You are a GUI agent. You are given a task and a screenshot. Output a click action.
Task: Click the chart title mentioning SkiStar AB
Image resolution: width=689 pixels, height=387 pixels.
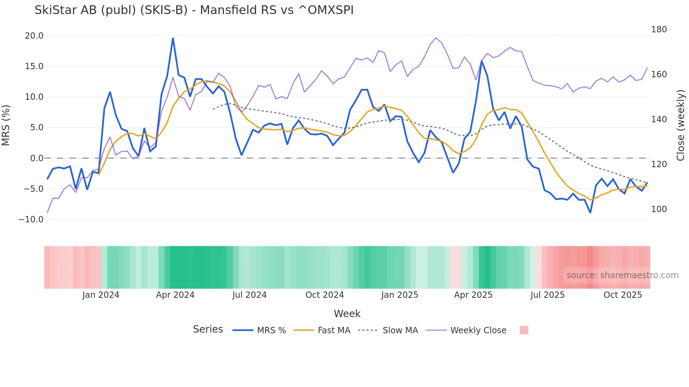194,10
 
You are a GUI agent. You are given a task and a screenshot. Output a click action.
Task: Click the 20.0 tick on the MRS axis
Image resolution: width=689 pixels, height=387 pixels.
34,36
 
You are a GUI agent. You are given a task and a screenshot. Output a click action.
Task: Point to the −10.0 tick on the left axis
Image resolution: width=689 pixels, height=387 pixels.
31,219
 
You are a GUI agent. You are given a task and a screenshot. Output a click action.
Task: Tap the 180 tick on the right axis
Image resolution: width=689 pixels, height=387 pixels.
659,29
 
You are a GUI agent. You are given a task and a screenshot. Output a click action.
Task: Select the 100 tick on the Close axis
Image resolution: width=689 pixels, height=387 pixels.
659,209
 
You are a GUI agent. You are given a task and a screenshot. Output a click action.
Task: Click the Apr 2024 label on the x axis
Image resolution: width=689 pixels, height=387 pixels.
175,295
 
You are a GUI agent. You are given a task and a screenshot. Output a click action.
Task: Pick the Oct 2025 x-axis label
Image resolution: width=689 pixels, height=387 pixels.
623,295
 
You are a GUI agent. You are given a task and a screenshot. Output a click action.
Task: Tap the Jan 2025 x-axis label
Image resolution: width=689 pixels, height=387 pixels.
400,295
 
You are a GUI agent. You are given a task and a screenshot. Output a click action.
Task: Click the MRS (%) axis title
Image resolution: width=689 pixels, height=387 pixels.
6,125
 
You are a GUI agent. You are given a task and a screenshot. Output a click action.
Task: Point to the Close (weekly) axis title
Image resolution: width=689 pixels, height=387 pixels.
681,125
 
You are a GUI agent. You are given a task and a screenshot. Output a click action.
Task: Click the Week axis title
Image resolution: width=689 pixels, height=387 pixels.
347,314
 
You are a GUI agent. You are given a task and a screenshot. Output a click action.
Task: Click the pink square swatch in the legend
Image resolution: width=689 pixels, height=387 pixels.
524,330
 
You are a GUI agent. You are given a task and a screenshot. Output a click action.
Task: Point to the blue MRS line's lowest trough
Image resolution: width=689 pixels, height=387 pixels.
590,212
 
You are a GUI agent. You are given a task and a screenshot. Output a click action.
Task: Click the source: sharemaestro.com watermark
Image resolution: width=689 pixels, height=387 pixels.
622,275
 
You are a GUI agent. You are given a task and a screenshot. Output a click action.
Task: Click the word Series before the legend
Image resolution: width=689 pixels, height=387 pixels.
208,329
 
